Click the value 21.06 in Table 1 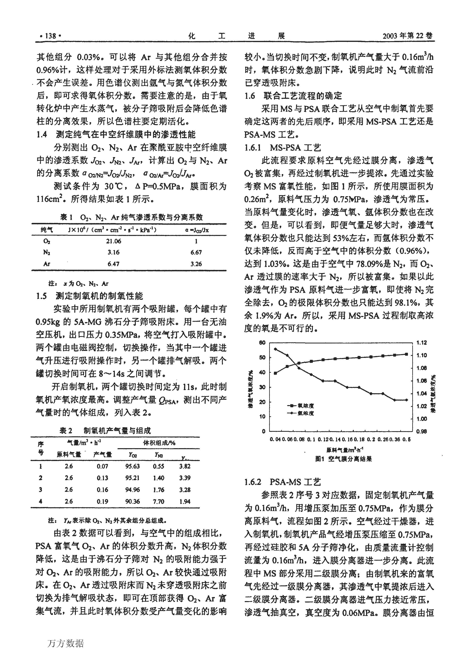coord(113,241)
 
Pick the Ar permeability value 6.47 coord(113,264)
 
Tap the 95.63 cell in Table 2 coord(132,466)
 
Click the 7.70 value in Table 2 coord(159,502)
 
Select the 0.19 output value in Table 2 coord(102,502)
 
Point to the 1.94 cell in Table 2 coord(185,502)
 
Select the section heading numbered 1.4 coord(42,135)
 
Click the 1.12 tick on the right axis coord(421,343)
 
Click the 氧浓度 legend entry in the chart coord(301,406)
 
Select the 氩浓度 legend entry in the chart coord(301,413)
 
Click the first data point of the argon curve coord(275,349)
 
